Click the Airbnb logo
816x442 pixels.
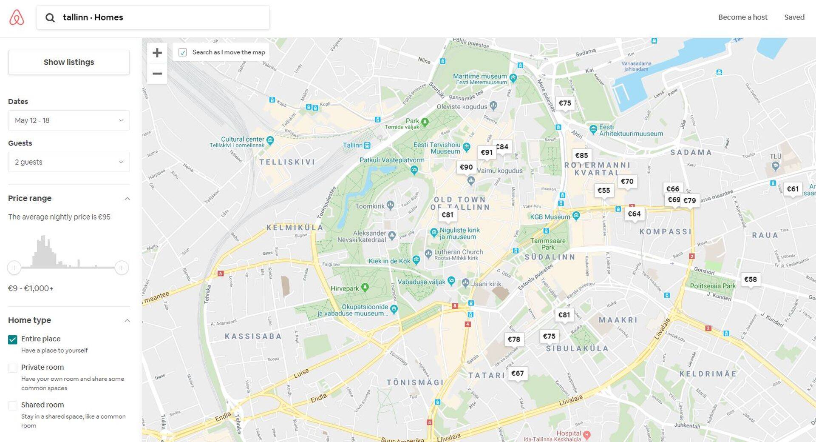(17, 17)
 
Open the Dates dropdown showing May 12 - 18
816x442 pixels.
(69, 120)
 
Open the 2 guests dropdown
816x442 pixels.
(69, 162)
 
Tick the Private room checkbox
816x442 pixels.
(13, 368)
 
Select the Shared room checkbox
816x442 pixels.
(13, 405)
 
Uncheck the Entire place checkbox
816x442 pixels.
(13, 339)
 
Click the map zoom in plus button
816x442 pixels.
(157, 53)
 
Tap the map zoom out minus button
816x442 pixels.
(157, 74)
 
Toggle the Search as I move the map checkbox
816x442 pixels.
(183, 52)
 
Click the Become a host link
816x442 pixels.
(742, 17)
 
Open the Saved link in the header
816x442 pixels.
(794, 17)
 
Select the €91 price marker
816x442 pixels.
(486, 152)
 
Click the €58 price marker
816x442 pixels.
(750, 279)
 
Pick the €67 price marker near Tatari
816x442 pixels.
(517, 374)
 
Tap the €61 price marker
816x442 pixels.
(792, 189)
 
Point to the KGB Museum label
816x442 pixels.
(550, 217)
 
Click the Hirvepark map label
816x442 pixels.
(345, 288)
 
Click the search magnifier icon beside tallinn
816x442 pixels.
(50, 17)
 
